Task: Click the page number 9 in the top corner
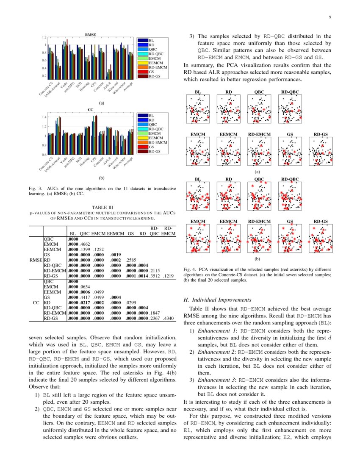pos(329,17)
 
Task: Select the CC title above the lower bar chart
pos(90,109)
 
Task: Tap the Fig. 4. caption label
pos(191,269)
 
